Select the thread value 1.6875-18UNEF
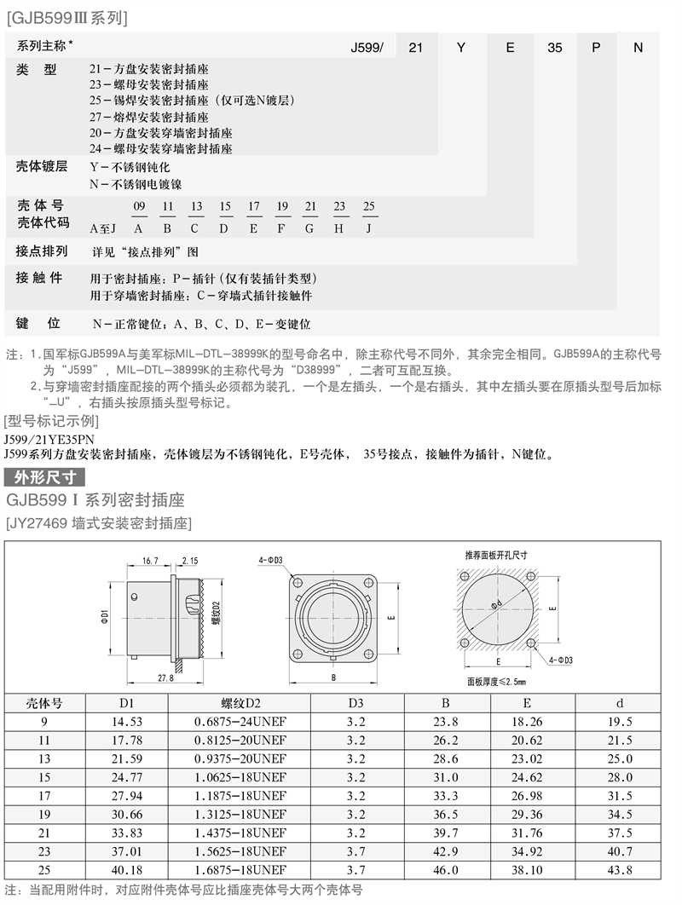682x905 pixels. (x=240, y=869)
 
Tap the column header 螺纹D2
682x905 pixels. (x=240, y=703)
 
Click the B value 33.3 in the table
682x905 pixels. (x=445, y=794)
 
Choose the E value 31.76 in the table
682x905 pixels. (x=527, y=832)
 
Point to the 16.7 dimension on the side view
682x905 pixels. (x=151, y=561)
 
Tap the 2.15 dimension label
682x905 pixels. (x=189, y=561)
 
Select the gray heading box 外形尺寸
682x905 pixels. (x=44, y=476)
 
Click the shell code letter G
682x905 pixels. (x=309, y=228)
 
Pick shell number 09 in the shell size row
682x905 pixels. (x=140, y=207)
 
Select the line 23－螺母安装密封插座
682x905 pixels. (x=149, y=84)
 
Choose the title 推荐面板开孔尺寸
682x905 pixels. (x=495, y=555)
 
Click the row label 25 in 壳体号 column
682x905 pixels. (x=44, y=869)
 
